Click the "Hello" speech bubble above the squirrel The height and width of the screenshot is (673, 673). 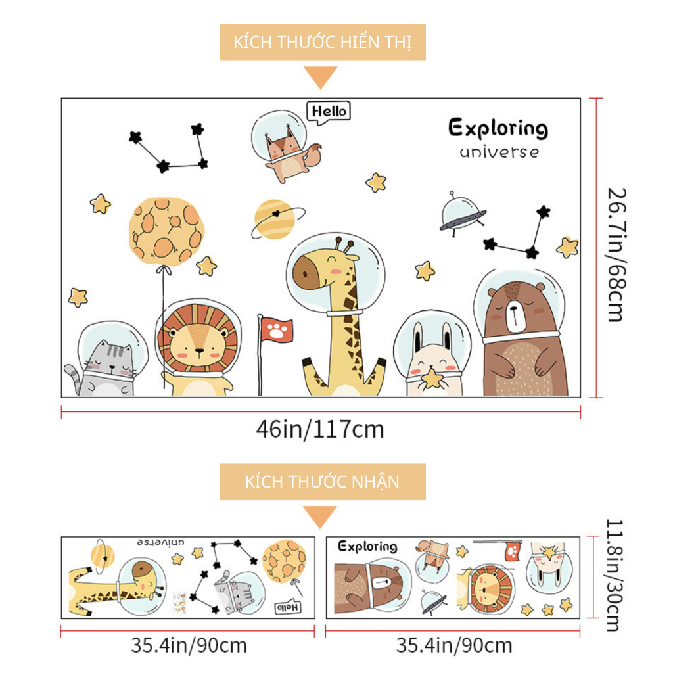point(329,112)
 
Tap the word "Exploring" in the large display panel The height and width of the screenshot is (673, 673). point(498,128)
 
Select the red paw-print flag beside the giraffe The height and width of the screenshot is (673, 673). point(277,331)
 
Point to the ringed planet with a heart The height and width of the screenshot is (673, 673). point(276,220)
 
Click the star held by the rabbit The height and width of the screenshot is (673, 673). point(432,379)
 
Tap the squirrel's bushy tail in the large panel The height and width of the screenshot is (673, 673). point(313,155)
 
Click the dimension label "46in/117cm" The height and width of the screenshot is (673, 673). point(320,429)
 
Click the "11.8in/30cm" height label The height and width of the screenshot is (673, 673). point(615,575)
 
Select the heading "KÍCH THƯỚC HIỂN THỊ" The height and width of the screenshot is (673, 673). point(322,42)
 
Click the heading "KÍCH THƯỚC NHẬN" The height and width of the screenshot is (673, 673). point(322,482)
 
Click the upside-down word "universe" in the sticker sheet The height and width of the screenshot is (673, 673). point(161,542)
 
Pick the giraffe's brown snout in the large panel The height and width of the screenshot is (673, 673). point(306,273)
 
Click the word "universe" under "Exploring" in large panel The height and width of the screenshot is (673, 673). point(499,152)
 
